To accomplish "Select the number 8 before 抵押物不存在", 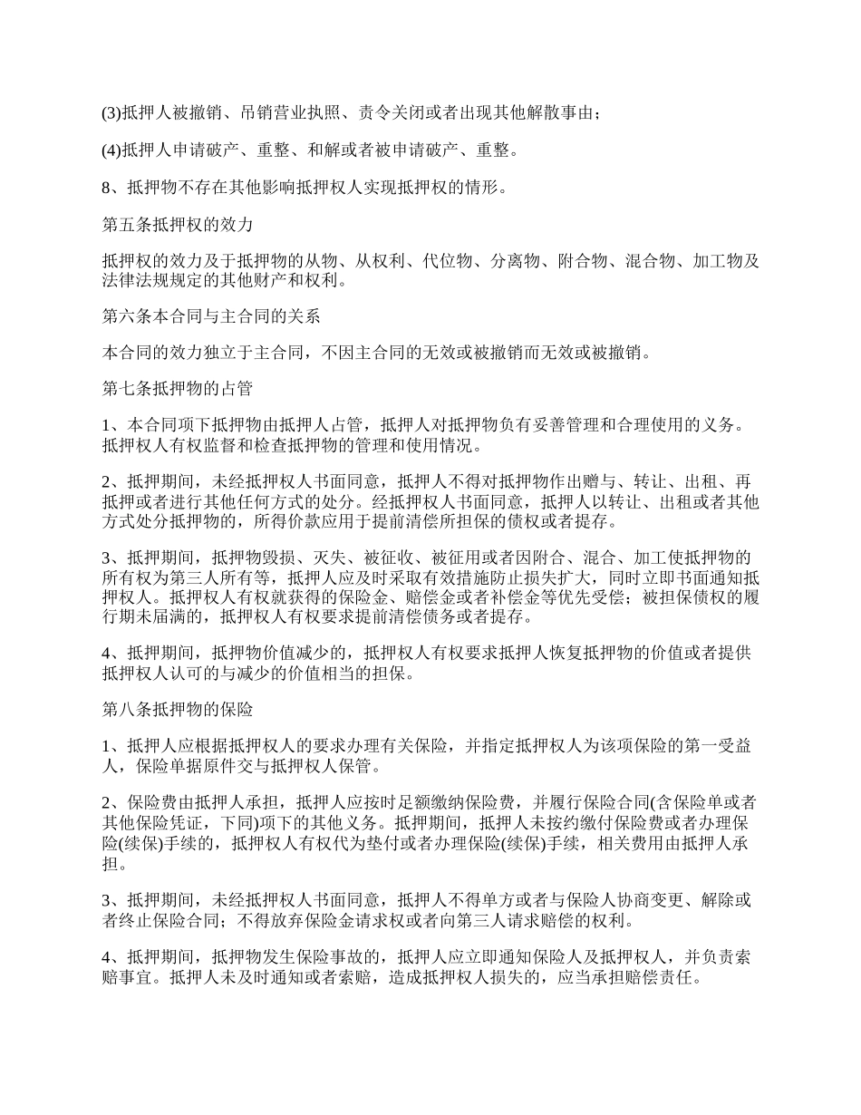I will click(106, 189).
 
